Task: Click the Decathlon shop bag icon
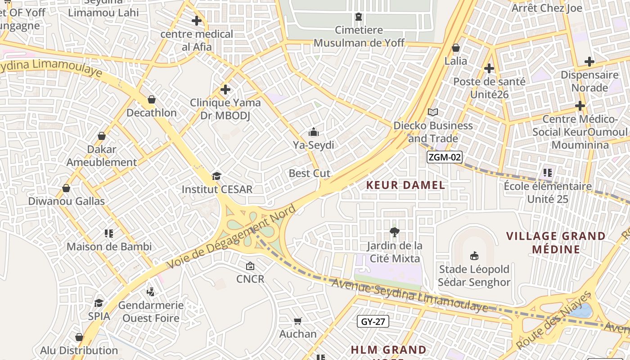[152, 99]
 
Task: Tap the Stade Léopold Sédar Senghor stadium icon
[474, 256]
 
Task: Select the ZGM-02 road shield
[445, 157]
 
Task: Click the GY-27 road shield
[373, 321]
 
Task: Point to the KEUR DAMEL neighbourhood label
[405, 185]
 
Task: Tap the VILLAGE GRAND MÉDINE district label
[556, 243]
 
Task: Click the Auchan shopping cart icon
[297, 321]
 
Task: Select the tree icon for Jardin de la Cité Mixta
[395, 232]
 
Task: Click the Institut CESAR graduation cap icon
[217, 176]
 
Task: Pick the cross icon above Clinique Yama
[225, 90]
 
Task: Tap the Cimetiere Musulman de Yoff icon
[359, 17]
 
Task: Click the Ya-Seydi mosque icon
[314, 132]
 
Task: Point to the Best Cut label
[310, 173]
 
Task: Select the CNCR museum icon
[250, 266]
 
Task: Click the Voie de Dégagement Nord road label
[232, 237]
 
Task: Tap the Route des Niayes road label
[554, 320]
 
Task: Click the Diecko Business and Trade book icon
[433, 112]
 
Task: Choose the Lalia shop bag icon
[456, 48]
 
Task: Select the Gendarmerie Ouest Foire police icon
[151, 292]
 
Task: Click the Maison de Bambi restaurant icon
[108, 233]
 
